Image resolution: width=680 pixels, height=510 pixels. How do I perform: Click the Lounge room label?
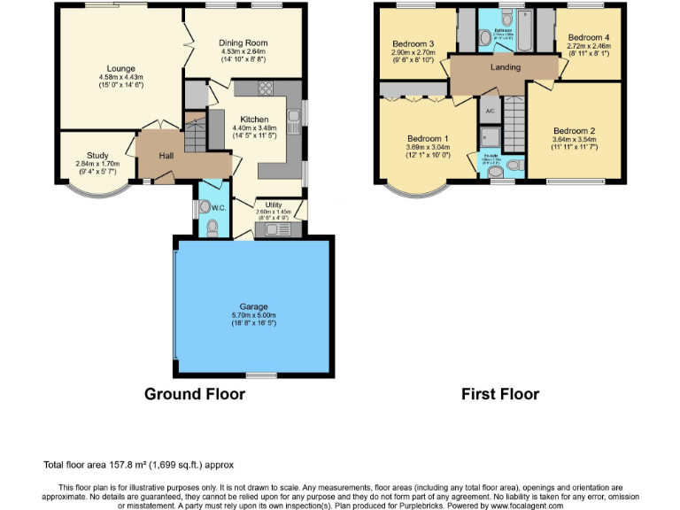[x=120, y=68]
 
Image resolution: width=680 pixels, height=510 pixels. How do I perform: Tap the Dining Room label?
[x=243, y=42]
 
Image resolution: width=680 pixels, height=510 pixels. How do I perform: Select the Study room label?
[x=97, y=155]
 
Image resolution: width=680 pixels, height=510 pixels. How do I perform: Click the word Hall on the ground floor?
[x=166, y=156]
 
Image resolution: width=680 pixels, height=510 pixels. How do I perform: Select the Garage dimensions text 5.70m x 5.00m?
[x=252, y=314]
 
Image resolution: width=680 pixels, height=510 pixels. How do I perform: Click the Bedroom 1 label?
[x=428, y=139]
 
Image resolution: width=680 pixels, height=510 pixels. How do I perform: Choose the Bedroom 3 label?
[x=413, y=44]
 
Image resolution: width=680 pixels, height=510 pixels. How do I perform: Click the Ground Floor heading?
[x=195, y=394]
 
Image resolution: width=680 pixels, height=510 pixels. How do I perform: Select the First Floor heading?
[x=499, y=394]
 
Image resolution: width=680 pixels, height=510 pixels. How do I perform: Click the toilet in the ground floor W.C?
[x=211, y=228]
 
